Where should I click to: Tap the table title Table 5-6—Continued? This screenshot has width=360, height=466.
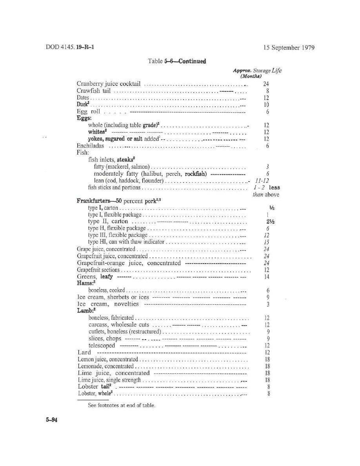177,61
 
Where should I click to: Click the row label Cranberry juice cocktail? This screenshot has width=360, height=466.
109,84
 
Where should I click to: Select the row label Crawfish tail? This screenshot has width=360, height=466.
94,91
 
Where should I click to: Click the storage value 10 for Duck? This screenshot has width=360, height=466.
267,105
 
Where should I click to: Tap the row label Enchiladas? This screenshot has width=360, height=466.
90,146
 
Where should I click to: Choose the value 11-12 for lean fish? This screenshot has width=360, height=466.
261,180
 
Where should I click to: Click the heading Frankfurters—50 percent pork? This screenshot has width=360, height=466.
119,201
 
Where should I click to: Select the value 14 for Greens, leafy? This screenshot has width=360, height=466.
267,277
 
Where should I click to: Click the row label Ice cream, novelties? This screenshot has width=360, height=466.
108,304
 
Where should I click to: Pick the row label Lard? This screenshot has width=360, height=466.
84,352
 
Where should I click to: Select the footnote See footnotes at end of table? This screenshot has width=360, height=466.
122,405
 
